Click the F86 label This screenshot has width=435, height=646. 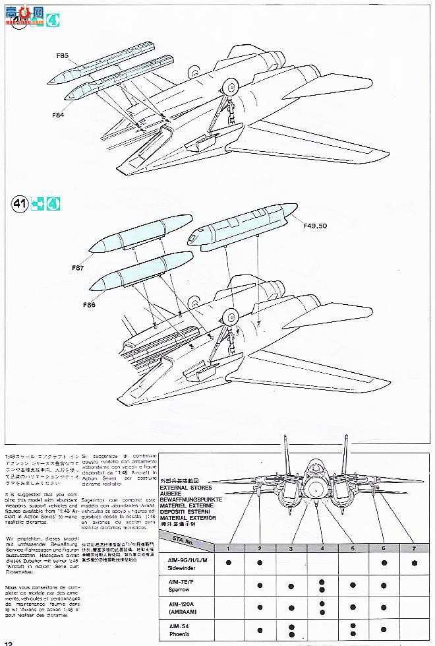point(90,305)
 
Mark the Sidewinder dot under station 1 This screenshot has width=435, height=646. point(228,562)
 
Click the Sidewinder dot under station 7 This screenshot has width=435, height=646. point(414,562)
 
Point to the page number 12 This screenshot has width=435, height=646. point(8,641)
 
